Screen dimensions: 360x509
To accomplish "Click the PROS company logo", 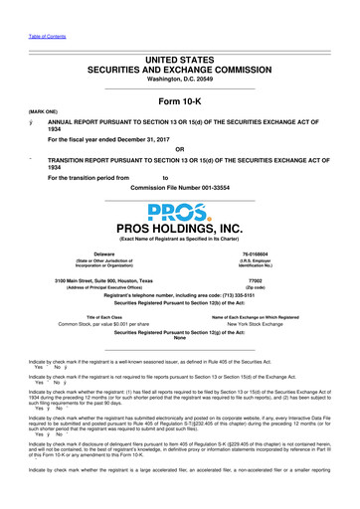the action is click(x=179, y=215).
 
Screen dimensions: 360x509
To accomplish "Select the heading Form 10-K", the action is click(x=179, y=100).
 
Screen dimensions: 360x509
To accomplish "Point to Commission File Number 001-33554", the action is click(x=179, y=188).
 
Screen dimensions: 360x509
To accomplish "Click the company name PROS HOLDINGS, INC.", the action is click(x=179, y=234).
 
